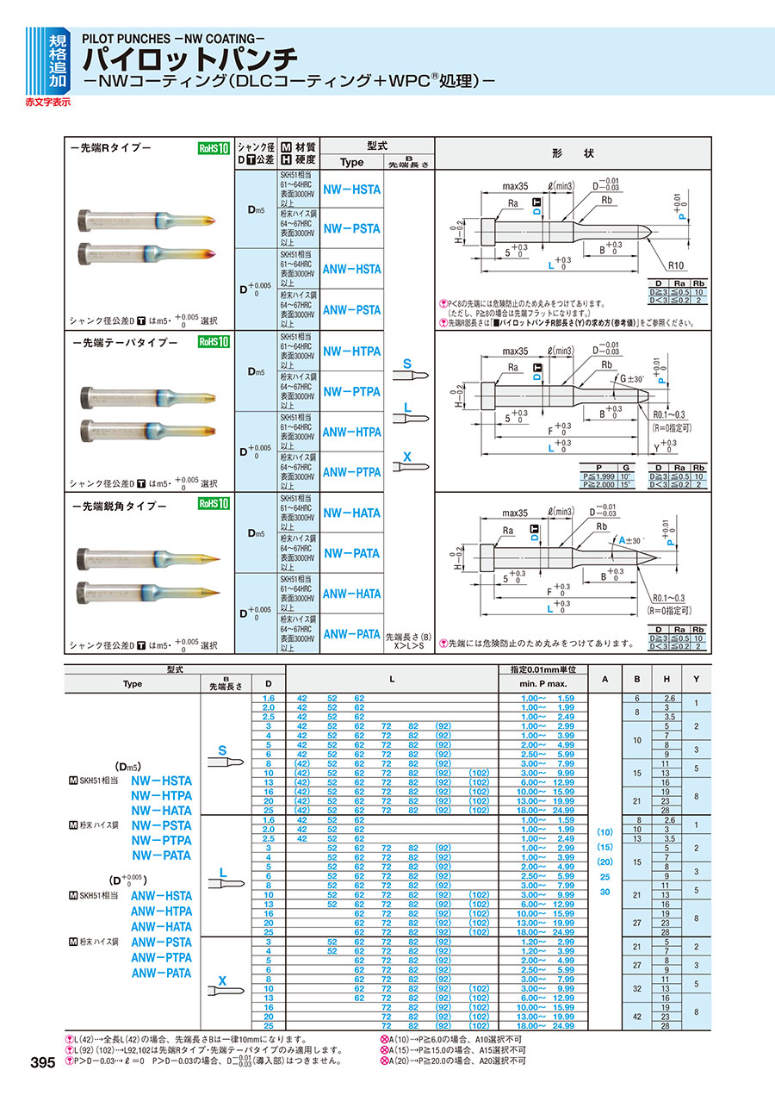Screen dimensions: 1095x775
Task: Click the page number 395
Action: pyautogui.click(x=43, y=1063)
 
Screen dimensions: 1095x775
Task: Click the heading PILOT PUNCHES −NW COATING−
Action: pyautogui.click(x=172, y=39)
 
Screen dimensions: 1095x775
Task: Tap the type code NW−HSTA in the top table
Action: pyautogui.click(x=351, y=189)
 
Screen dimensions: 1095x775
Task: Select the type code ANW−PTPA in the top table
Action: pyautogui.click(x=351, y=472)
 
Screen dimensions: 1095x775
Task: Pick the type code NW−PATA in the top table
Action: pyautogui.click(x=351, y=553)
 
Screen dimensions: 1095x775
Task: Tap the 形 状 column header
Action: pyautogui.click(x=573, y=152)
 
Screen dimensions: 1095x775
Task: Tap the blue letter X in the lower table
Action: pyautogui.click(x=222, y=980)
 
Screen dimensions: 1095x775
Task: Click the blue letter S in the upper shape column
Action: pyautogui.click(x=406, y=364)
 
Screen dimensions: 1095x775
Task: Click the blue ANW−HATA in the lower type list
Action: pyautogui.click(x=161, y=927)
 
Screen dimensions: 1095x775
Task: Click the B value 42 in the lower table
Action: pyautogui.click(x=636, y=1017)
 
